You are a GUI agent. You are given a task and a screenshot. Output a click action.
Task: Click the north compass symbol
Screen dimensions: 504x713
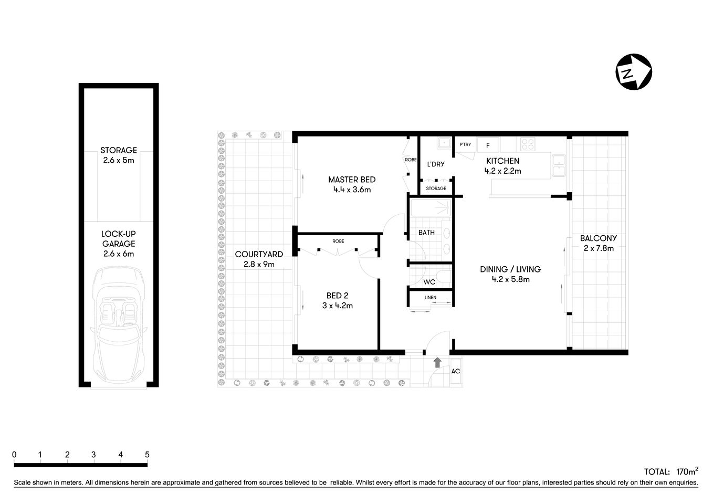tap(634, 71)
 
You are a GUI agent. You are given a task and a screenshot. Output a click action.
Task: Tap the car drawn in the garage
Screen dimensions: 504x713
tap(119, 326)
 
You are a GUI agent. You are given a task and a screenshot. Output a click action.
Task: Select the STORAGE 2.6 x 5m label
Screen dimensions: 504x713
tap(119, 155)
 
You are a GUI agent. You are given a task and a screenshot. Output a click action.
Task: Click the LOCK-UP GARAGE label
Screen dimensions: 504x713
tap(119, 244)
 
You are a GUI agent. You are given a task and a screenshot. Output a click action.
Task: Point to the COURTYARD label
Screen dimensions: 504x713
tap(259, 259)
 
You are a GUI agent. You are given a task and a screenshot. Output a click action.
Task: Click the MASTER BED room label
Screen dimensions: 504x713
tap(352, 184)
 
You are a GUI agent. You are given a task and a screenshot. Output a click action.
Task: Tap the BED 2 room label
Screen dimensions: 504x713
tap(337, 300)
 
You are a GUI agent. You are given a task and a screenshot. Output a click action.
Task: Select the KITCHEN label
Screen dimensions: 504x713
tap(502, 166)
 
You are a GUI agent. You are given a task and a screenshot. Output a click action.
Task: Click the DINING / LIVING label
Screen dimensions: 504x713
tap(510, 274)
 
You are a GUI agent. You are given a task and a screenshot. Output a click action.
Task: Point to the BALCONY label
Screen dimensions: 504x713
tap(599, 243)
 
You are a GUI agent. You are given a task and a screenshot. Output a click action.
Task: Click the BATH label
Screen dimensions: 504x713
tap(426, 232)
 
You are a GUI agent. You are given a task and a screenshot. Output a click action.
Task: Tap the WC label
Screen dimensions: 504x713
tap(429, 282)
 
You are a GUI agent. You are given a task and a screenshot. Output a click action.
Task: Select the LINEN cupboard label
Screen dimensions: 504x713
tap(430, 298)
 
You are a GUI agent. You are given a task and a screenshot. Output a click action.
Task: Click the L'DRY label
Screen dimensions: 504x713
tap(436, 164)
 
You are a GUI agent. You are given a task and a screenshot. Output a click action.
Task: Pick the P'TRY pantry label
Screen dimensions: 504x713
tap(465, 144)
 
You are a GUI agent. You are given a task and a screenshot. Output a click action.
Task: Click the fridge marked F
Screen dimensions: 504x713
tap(488, 145)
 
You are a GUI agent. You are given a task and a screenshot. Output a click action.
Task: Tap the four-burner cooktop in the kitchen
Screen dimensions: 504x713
tap(527, 144)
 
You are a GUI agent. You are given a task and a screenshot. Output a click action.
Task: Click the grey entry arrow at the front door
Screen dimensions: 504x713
tap(437, 362)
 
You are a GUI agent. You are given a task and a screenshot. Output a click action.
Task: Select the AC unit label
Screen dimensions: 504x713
tap(456, 371)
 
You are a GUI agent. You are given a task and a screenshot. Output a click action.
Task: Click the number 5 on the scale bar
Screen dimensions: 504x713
tap(147, 455)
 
